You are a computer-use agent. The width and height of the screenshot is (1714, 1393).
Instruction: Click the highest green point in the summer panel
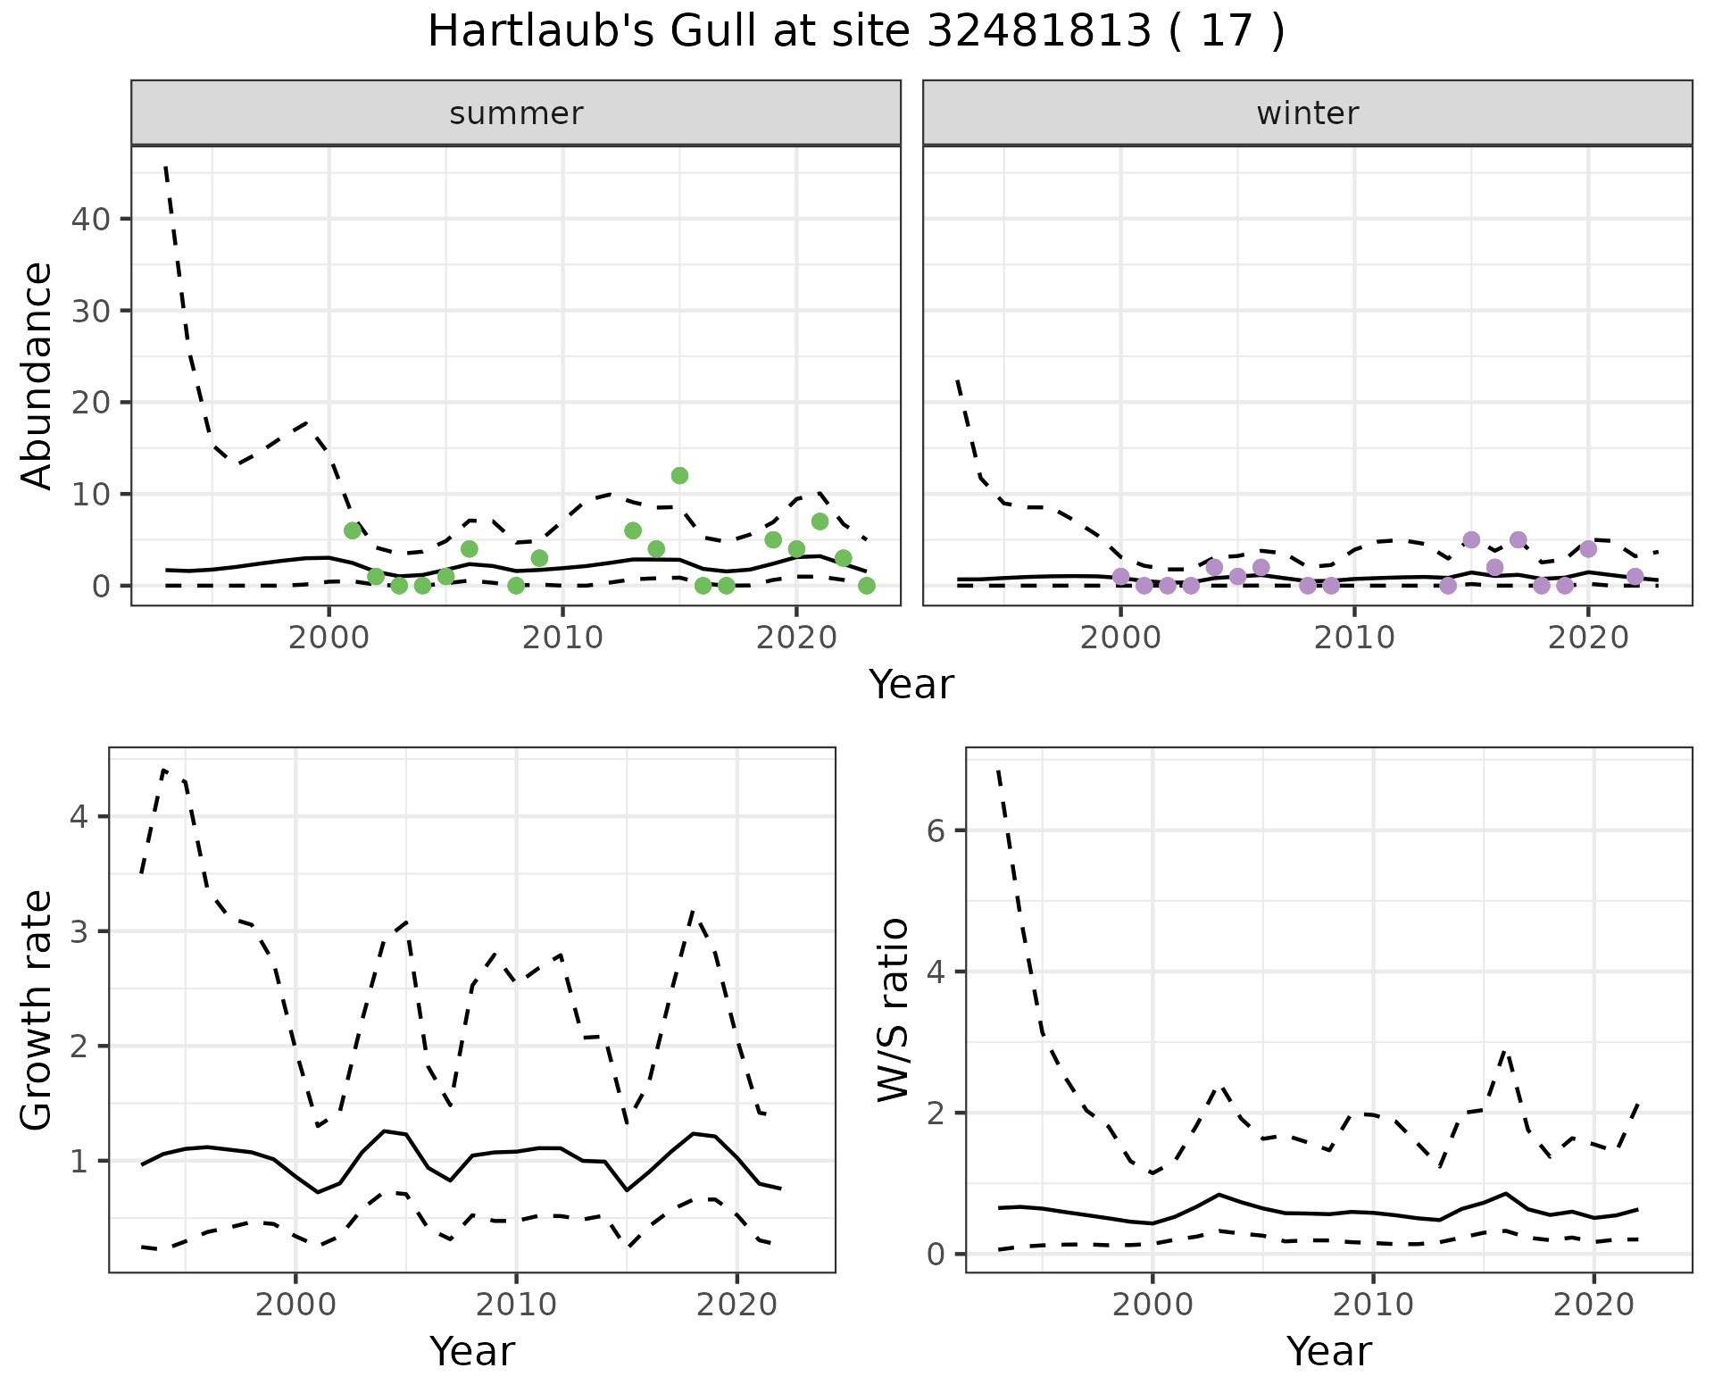pyautogui.click(x=679, y=475)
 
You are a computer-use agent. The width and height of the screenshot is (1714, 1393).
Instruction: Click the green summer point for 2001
pyautogui.click(x=353, y=530)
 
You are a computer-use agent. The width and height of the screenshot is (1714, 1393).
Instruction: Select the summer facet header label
pyautogui.click(x=516, y=113)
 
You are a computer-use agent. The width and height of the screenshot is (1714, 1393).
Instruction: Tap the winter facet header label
pyautogui.click(x=1307, y=113)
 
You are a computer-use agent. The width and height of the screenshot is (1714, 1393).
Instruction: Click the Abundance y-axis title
pyautogui.click(x=37, y=375)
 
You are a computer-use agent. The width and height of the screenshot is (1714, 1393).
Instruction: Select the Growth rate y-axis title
pyautogui.click(x=37, y=1010)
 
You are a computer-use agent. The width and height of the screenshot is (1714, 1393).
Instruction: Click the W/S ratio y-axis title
pyautogui.click(x=894, y=1010)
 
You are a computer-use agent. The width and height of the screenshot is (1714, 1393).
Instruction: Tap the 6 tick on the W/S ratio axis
pyautogui.click(x=936, y=831)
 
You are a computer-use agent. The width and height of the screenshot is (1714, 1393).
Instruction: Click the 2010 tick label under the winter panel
pyautogui.click(x=1354, y=638)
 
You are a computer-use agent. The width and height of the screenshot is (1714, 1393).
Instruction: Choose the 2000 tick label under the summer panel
pyautogui.click(x=329, y=638)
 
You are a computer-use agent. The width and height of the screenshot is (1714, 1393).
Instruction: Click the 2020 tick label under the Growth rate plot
pyautogui.click(x=736, y=1305)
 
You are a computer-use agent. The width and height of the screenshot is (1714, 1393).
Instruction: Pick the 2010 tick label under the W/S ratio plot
pyautogui.click(x=1373, y=1305)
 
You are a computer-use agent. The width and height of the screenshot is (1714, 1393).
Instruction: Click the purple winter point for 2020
pyautogui.click(x=1588, y=549)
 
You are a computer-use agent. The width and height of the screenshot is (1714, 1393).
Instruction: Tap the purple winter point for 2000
pyautogui.click(x=1121, y=577)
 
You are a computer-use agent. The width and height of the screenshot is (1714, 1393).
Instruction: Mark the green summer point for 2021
pyautogui.click(x=820, y=521)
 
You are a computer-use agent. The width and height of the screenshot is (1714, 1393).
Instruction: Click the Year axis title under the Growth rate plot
pyautogui.click(x=472, y=1351)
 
